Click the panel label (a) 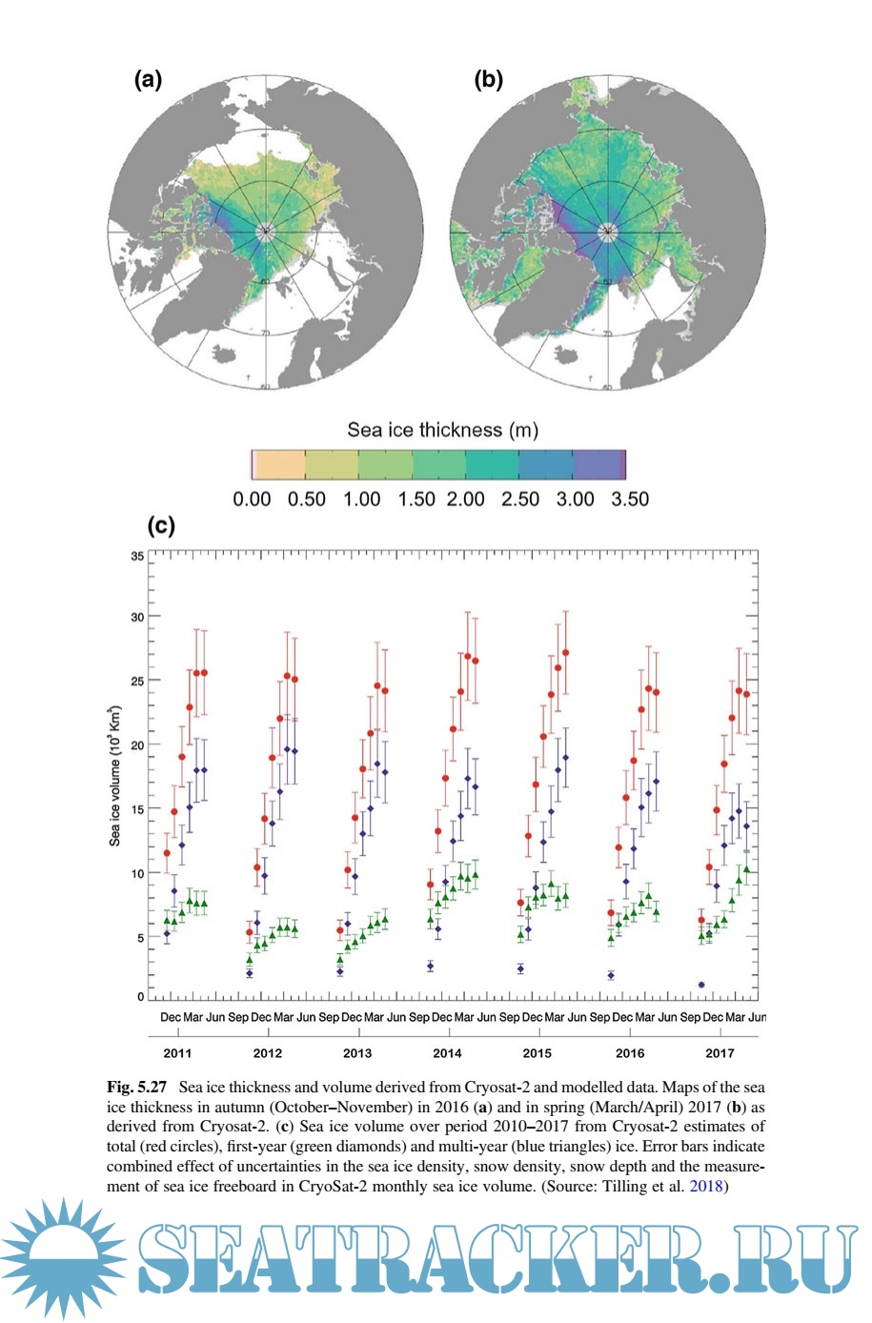point(148,80)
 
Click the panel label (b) point(488,80)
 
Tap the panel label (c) point(160,525)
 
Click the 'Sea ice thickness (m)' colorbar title point(442,430)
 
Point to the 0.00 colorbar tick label point(252,499)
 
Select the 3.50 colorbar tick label point(629,499)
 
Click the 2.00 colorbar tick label point(467,499)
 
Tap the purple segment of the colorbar point(599,464)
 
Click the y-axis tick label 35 point(138,556)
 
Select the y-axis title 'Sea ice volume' point(115,777)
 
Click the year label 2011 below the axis point(177,1053)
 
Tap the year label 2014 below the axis point(448,1053)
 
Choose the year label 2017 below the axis point(720,1053)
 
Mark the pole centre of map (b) point(607,231)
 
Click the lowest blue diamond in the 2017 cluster point(701,985)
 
